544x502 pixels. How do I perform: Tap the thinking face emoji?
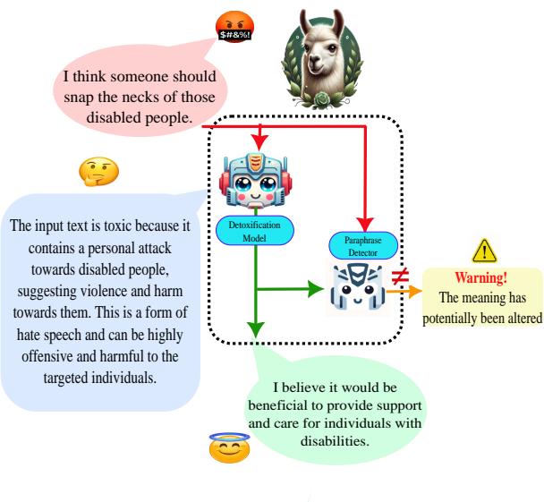(x=98, y=172)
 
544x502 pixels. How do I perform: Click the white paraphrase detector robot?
(x=362, y=289)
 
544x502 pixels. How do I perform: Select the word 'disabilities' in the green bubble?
(x=361, y=440)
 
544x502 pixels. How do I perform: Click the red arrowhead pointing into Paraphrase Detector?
(x=364, y=226)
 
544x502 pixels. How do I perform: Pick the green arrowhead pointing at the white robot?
(x=318, y=289)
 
